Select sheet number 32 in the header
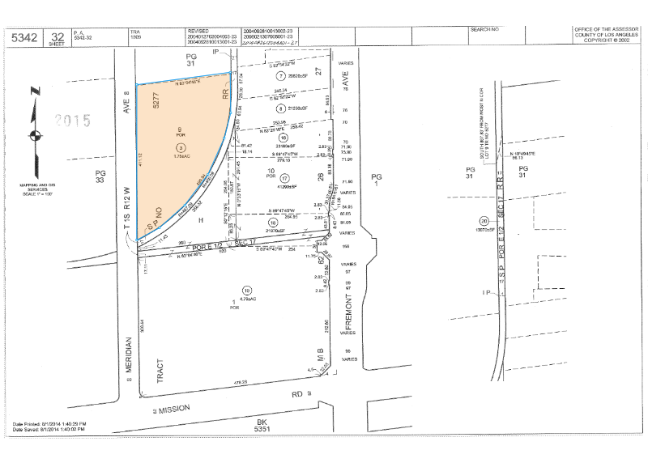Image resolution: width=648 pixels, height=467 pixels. [57, 35]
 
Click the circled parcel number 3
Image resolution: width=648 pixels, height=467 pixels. [181, 147]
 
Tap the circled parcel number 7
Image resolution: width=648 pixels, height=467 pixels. [258, 75]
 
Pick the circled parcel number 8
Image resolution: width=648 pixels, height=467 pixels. [258, 108]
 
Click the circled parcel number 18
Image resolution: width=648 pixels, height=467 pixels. [262, 223]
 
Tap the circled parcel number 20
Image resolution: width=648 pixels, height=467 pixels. [484, 220]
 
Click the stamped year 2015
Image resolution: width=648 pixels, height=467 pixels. [73, 121]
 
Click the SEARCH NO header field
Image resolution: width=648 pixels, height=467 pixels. [484, 29]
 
